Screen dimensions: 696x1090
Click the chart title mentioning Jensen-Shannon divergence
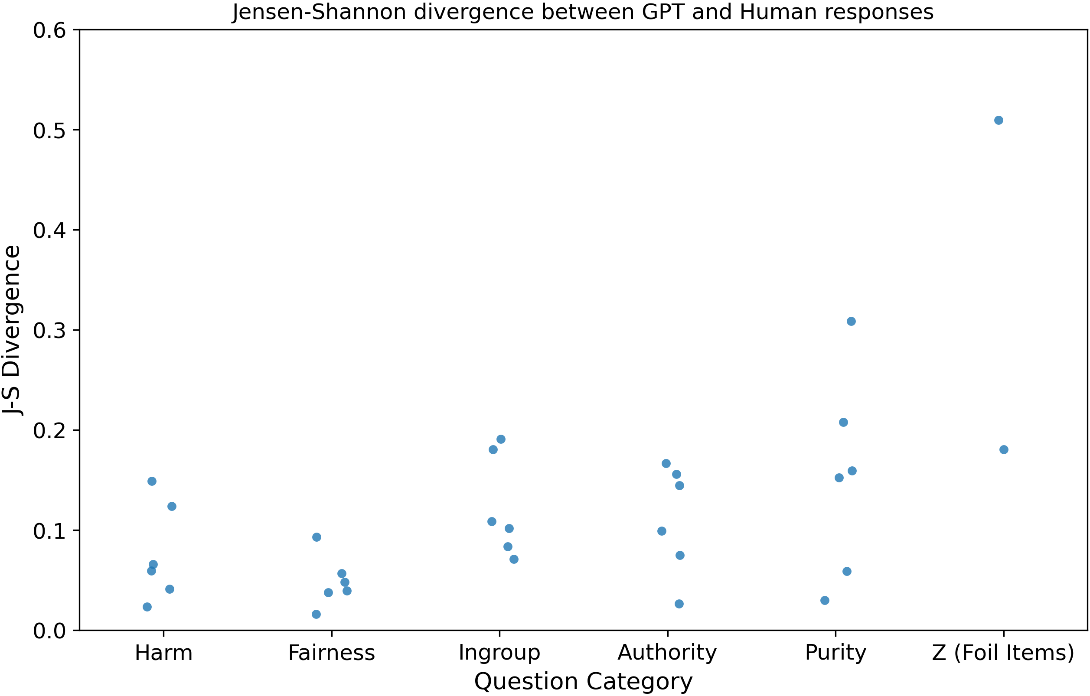click(583, 12)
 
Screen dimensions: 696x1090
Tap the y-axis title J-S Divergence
click(12, 330)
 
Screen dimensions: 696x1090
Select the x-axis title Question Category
click(583, 682)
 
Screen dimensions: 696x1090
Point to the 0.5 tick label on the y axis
click(49, 131)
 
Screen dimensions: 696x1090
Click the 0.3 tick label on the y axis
click(49, 331)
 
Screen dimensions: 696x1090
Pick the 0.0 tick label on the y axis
click(49, 631)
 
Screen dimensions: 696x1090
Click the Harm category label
click(163, 653)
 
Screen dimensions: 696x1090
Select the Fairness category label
click(331, 653)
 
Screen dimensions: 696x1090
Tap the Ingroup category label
click(499, 653)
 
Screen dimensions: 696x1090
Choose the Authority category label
click(667, 653)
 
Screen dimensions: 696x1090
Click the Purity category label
click(835, 653)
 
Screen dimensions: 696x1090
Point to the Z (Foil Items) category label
click(1003, 653)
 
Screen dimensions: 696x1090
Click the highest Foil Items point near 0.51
click(999, 120)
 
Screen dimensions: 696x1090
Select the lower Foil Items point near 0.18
click(1004, 449)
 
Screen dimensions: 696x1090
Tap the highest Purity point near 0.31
click(851, 321)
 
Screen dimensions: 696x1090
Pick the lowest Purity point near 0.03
click(825, 601)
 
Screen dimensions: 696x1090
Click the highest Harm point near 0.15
click(152, 481)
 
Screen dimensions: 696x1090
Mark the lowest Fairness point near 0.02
click(317, 614)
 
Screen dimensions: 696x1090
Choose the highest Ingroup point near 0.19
click(501, 439)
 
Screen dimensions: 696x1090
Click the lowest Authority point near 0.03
click(679, 604)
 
